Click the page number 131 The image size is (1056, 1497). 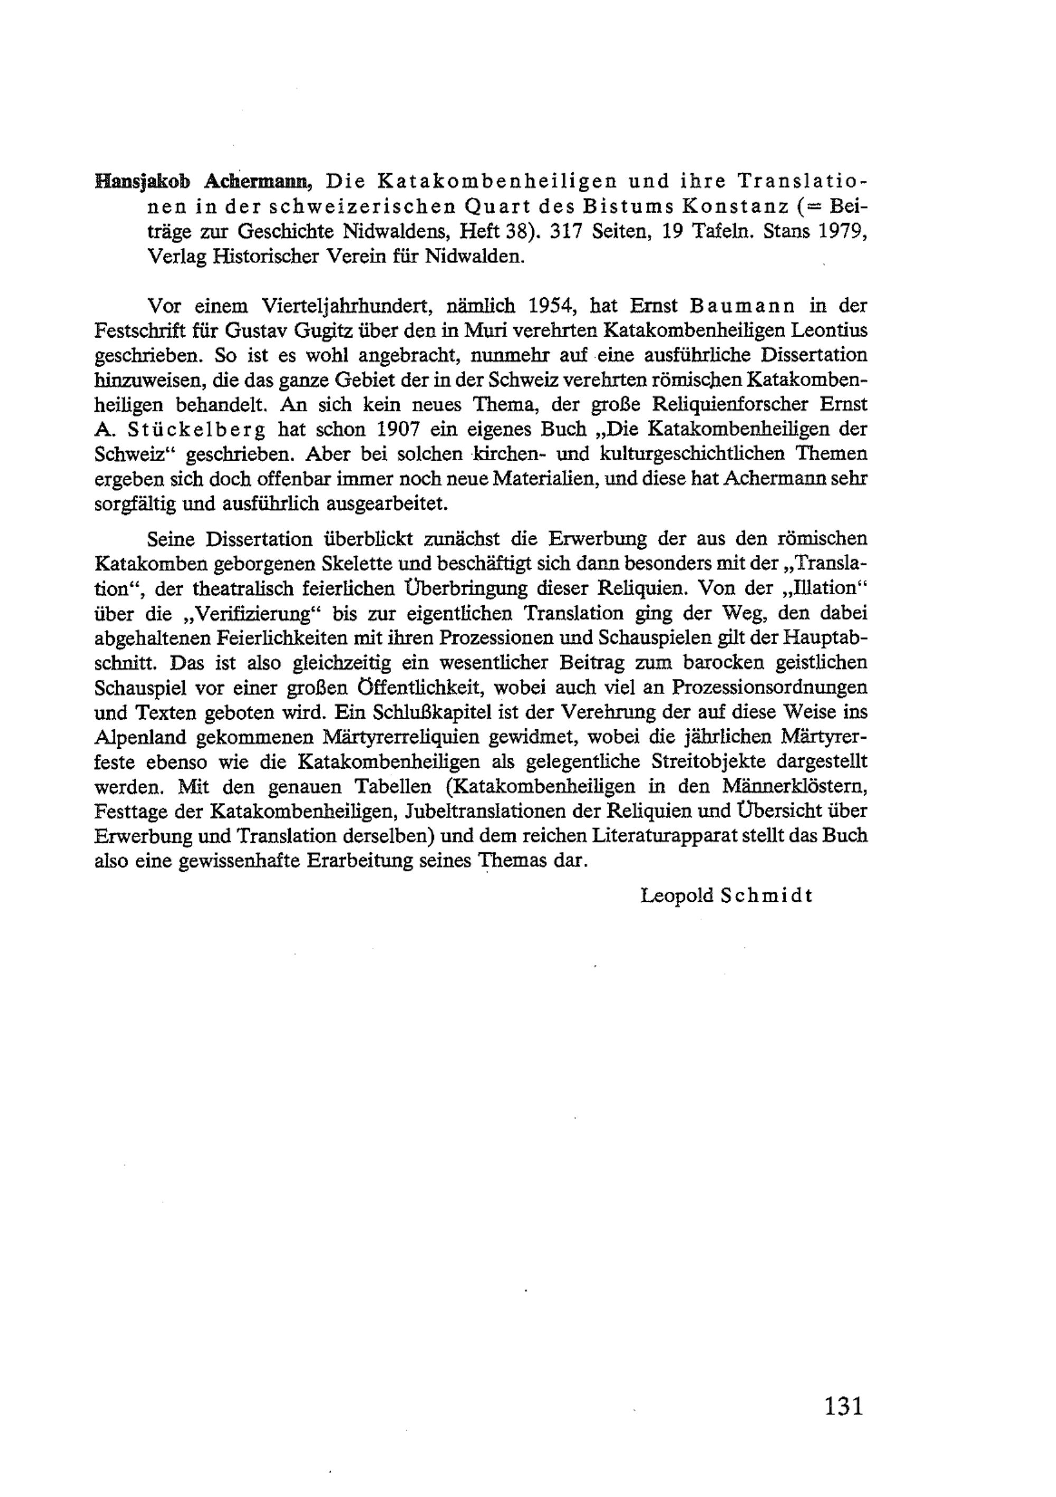tap(843, 1403)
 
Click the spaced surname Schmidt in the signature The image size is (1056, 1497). tap(767, 895)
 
